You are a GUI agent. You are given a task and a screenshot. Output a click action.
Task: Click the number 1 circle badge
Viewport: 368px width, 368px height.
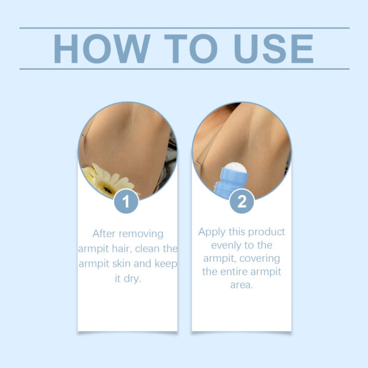coord(126,201)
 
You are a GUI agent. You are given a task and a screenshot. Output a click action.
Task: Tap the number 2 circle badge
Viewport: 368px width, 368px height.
coord(242,201)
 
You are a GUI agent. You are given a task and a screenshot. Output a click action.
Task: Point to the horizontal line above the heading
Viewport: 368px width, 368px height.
coord(184,28)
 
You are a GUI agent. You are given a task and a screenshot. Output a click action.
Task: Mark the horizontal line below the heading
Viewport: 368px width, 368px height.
coord(184,69)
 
